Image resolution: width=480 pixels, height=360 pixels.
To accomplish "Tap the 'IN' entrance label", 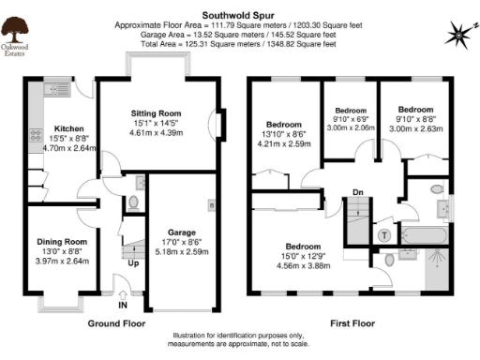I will coord(123,305).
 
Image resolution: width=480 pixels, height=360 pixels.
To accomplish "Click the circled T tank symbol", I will coord(384,234).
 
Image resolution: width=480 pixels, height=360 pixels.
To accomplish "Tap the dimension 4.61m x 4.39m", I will coord(155,133).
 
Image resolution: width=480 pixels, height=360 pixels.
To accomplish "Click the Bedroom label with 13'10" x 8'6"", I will coord(283,125).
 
